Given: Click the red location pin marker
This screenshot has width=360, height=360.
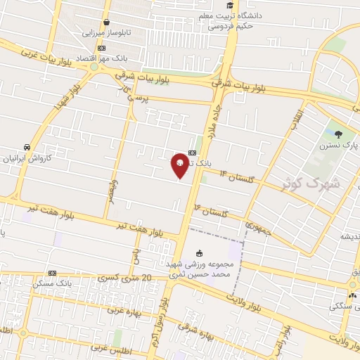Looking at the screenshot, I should tap(180, 165).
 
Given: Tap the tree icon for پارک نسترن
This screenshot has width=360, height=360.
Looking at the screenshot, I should tap(339, 134).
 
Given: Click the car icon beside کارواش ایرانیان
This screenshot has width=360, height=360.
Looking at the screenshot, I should tap(27, 147).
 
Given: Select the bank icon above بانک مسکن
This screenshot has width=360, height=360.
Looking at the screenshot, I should tap(51, 273).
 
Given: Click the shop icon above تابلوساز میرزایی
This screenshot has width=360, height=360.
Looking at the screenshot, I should tap(106, 22).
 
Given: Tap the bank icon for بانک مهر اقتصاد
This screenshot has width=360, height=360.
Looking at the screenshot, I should tap(101, 48).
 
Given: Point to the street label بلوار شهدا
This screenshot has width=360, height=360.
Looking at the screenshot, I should tap(65, 96).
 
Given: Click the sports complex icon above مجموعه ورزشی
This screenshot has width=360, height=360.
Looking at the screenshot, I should tap(199, 253).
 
